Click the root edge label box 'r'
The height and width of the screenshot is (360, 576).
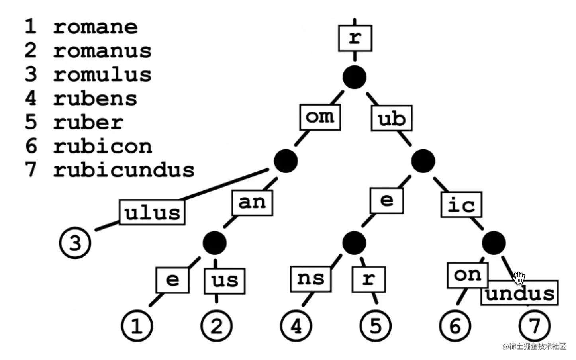pyautogui.click(x=355, y=38)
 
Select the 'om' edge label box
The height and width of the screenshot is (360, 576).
pyautogui.click(x=320, y=117)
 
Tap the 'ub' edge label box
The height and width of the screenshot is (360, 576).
pyautogui.click(x=392, y=118)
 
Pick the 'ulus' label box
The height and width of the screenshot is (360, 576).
pyautogui.click(x=152, y=212)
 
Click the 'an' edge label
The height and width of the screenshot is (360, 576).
pyautogui.click(x=252, y=203)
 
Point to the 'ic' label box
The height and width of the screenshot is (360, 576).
pyautogui.click(x=461, y=205)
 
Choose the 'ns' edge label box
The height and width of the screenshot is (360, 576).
pyautogui.click(x=311, y=278)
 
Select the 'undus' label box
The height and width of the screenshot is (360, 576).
pyautogui.click(x=519, y=293)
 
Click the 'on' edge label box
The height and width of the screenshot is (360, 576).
pyautogui.click(x=468, y=275)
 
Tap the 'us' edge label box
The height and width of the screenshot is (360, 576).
pyautogui.click(x=225, y=280)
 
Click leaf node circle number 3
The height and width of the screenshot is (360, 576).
pyautogui.click(x=75, y=243)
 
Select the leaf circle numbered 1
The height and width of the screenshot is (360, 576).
pyautogui.click(x=137, y=326)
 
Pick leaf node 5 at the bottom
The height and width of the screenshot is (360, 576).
pyautogui.click(x=375, y=326)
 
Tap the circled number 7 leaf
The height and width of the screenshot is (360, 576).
pyautogui.click(x=535, y=326)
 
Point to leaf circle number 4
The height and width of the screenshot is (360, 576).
pyautogui.click(x=296, y=326)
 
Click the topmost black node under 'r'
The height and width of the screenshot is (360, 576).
pyautogui.click(x=355, y=77)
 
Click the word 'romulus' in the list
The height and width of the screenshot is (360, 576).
pyautogui.click(x=102, y=74)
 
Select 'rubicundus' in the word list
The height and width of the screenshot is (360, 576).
pyautogui.click(x=124, y=170)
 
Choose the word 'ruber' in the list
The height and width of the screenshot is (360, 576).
pyautogui.click(x=88, y=122)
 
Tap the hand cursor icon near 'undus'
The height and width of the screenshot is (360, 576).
pyautogui.click(x=519, y=278)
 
